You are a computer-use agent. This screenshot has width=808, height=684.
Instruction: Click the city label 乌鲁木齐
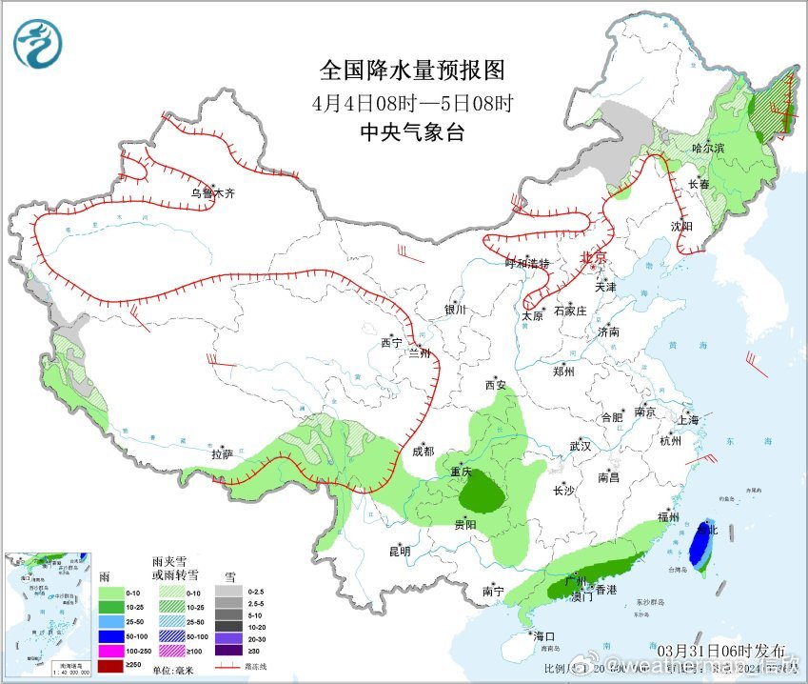coord(211,193)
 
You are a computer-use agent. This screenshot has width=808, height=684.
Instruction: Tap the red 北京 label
coord(593,258)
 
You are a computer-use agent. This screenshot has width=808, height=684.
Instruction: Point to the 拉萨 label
coord(222,454)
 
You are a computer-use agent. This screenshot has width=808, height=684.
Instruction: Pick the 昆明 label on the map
coord(399,551)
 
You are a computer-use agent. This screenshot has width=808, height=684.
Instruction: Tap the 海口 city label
coord(543,635)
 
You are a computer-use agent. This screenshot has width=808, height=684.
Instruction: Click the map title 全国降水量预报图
coord(411,70)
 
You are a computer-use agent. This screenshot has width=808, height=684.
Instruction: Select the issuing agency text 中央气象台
coord(411,132)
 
